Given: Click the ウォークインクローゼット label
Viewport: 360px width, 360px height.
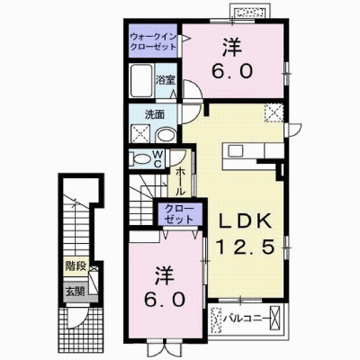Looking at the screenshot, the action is tap(153, 41).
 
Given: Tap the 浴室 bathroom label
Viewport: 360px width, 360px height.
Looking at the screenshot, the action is tap(165, 80).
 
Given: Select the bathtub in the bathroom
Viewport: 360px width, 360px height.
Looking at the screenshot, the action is tap(141, 80).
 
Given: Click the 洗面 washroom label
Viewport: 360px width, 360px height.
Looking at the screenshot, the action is tap(155, 114).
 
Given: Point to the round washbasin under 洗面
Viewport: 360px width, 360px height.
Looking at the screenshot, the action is tap(166, 135).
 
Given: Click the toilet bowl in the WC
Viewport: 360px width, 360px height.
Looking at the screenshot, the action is tap(139, 159).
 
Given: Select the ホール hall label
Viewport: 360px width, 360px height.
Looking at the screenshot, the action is tap(180, 181).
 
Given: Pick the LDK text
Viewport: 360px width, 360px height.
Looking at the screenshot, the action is tap(245, 222).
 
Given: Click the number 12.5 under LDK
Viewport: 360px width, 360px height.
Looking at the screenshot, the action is tap(246, 247).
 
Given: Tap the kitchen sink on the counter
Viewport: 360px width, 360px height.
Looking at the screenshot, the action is tap(236, 150).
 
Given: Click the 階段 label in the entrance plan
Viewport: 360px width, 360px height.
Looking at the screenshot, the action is tap(76, 265).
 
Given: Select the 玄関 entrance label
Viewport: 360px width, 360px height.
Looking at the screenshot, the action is tap(76, 291).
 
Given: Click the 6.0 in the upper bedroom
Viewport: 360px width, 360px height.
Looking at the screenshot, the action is tap(232, 72).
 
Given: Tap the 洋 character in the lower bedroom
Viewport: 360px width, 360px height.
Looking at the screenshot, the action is tap(165, 276).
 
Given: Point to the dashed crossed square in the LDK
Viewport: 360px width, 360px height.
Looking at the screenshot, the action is tap(274, 112).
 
